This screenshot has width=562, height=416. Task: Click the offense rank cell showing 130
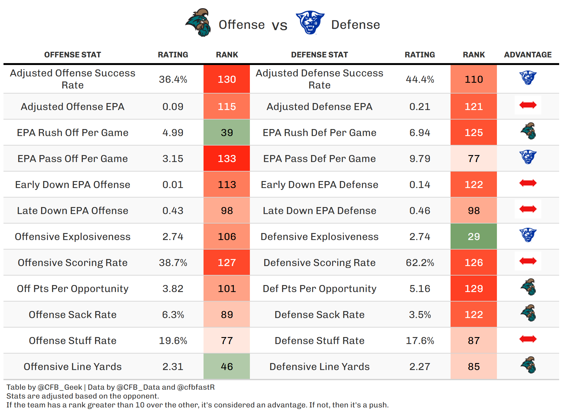(x=227, y=79)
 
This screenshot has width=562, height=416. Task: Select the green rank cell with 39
(x=227, y=133)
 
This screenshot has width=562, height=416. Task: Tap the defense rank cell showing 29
(x=474, y=237)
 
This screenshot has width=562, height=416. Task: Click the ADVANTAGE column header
(x=528, y=55)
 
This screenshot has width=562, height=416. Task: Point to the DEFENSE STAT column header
(x=319, y=55)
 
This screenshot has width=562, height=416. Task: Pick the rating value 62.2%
(x=420, y=263)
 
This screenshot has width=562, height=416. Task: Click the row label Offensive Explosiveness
(x=73, y=237)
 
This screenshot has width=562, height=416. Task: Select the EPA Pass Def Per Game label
(x=319, y=159)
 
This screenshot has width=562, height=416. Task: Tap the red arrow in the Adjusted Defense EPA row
(x=528, y=105)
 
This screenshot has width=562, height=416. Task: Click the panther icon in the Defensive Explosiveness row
(x=528, y=235)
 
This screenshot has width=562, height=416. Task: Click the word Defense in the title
(x=356, y=25)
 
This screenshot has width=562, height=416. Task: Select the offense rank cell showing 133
(x=227, y=159)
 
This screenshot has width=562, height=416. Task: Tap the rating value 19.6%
(x=173, y=341)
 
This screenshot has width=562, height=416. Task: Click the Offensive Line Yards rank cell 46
(x=227, y=367)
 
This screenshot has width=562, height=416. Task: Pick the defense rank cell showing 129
(x=474, y=289)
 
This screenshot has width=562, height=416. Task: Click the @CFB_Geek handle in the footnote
(x=60, y=387)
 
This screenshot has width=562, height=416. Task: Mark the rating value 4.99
(x=173, y=133)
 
